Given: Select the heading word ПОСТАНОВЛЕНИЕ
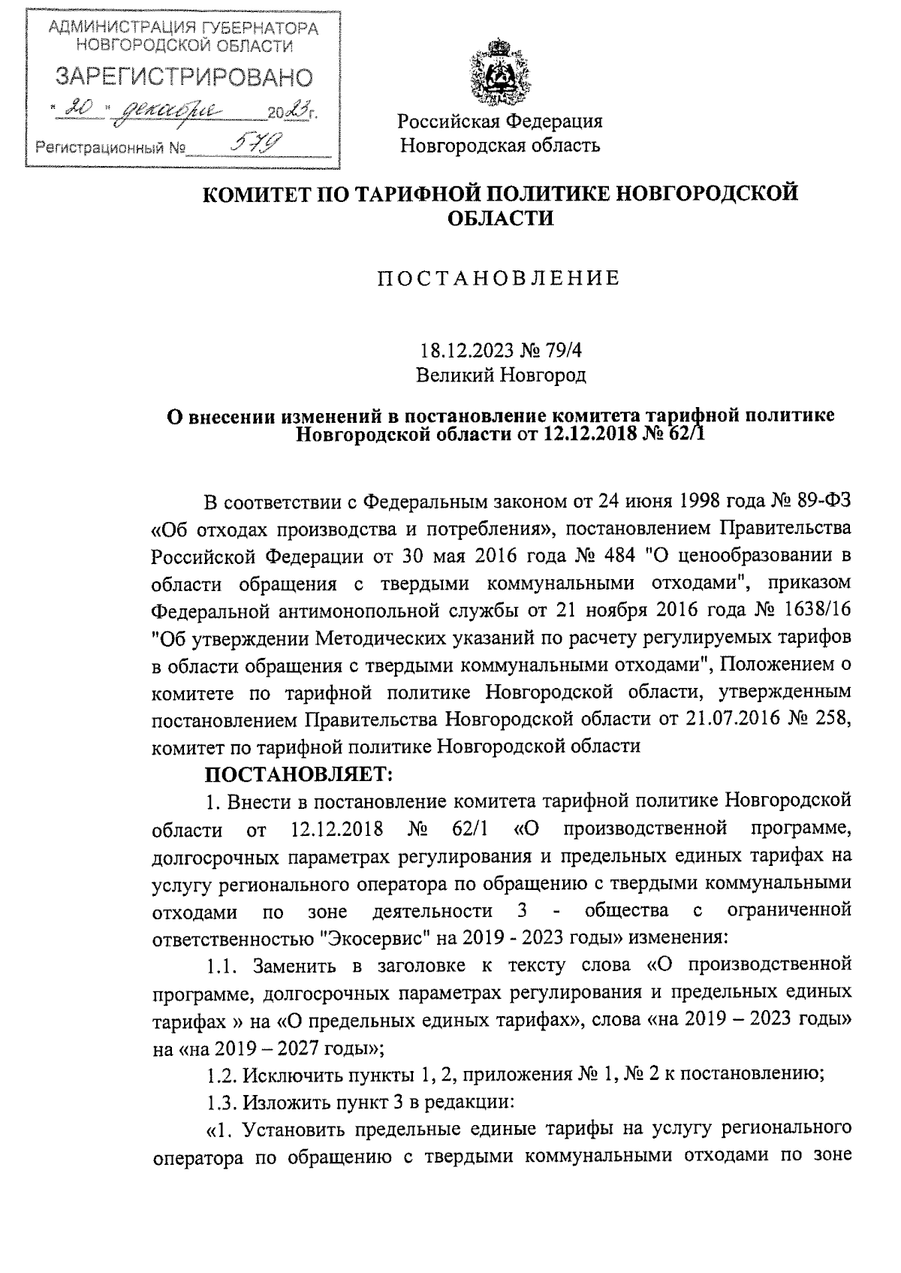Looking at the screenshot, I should click(499, 279).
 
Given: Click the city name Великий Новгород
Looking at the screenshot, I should click(501, 374).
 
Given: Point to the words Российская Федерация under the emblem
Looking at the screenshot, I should click(500, 121).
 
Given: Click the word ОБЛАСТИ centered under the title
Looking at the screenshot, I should click(500, 219).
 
